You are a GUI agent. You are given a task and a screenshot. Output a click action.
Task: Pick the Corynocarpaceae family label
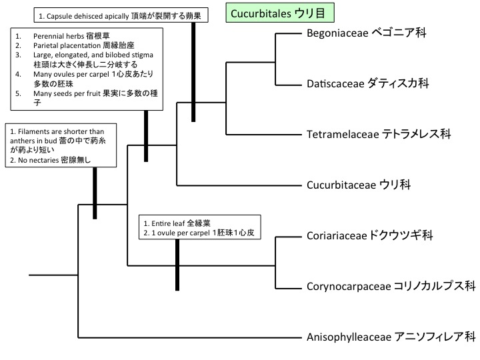[x=391, y=286]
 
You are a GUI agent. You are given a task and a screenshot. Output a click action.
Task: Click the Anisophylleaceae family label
[x=390, y=336]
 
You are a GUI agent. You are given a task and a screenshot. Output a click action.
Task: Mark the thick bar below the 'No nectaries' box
[x=95, y=193]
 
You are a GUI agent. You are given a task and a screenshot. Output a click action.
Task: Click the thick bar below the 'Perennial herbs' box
[x=145, y=136]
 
